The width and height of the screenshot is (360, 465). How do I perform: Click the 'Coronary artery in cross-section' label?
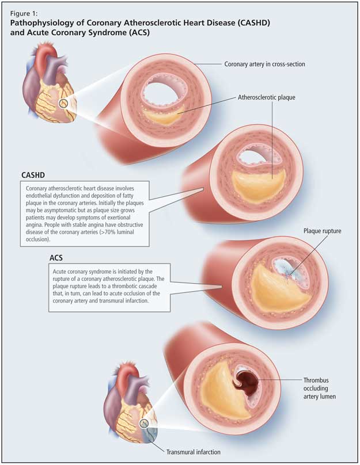pos(264,64)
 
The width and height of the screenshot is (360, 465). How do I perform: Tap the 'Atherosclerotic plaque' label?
pos(266,98)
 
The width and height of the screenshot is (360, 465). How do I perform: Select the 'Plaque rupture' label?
pos(323,231)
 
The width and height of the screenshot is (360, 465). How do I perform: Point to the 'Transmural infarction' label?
pos(194,452)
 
